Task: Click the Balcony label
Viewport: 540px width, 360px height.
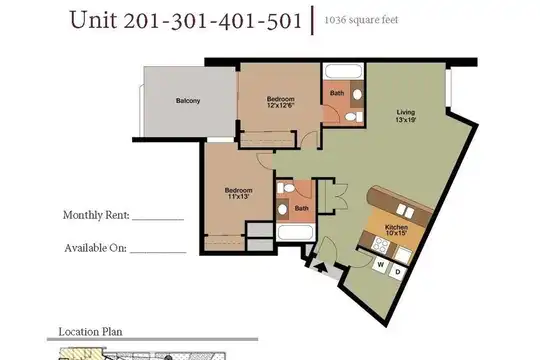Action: click(188, 101)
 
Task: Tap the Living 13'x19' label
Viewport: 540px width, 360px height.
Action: click(406, 116)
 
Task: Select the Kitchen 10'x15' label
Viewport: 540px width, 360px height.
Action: click(396, 230)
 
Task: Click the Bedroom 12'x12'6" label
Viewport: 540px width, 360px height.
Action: click(281, 102)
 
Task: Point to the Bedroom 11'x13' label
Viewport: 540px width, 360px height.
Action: click(238, 193)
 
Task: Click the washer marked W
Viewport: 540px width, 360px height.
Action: click(381, 265)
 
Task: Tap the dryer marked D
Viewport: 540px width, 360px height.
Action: click(398, 272)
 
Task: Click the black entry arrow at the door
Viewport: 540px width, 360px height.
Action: click(321, 267)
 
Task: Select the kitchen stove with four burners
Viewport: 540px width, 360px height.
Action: click(381, 245)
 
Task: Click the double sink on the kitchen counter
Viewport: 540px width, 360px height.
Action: click(405, 210)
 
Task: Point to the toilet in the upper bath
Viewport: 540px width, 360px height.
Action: click(353, 117)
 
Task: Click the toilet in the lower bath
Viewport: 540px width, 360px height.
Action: click(286, 188)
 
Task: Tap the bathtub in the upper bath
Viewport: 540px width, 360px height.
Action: click(343, 71)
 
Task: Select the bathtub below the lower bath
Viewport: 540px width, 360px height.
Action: click(296, 233)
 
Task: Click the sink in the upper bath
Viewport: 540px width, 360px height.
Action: click(357, 94)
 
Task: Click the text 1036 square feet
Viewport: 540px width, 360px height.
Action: click(361, 20)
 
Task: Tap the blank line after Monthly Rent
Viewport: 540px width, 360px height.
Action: click(158, 219)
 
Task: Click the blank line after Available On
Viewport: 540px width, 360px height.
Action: click(158, 253)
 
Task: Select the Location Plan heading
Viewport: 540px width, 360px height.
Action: click(91, 332)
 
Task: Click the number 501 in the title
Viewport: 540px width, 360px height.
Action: click(284, 20)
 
